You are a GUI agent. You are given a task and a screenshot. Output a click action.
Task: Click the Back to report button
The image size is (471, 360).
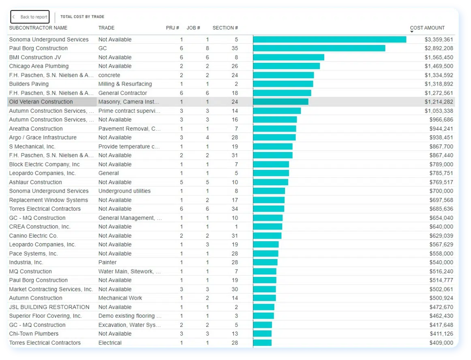click(30, 17)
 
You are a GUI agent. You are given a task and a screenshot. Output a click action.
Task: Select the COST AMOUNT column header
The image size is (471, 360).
click(427, 28)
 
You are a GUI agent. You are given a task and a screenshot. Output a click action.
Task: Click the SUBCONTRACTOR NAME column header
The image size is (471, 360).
click(38, 28)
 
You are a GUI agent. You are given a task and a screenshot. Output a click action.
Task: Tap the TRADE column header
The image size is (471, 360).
click(106, 28)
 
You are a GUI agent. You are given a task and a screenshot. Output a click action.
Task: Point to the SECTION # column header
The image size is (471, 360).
click(225, 28)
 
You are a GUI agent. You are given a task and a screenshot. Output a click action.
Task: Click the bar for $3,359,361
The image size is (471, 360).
click(329, 39)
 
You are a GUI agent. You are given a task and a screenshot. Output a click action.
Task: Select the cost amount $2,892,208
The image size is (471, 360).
click(439, 48)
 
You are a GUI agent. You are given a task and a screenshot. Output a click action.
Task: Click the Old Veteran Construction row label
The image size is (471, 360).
click(41, 102)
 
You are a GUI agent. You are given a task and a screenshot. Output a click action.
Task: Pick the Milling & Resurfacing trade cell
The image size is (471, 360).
click(125, 84)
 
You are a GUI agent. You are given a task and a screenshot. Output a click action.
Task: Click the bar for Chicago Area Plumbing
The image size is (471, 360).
click(286, 66)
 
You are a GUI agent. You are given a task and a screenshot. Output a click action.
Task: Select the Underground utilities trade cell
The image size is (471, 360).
click(124, 191)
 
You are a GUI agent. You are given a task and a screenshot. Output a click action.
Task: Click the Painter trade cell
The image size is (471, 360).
click(107, 262)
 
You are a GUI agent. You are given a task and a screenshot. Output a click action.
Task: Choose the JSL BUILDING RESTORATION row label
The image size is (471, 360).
click(49, 307)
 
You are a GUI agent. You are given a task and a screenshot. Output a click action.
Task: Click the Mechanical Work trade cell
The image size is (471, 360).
click(120, 298)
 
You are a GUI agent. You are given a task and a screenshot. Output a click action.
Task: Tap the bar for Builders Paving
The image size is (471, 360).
click(283, 84)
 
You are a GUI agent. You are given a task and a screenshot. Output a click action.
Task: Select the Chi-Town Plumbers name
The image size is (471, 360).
click(34, 334)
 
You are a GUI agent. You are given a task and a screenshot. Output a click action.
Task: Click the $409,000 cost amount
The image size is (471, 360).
click(441, 343)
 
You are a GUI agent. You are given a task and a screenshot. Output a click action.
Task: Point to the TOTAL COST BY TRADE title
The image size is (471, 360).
click(82, 17)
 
